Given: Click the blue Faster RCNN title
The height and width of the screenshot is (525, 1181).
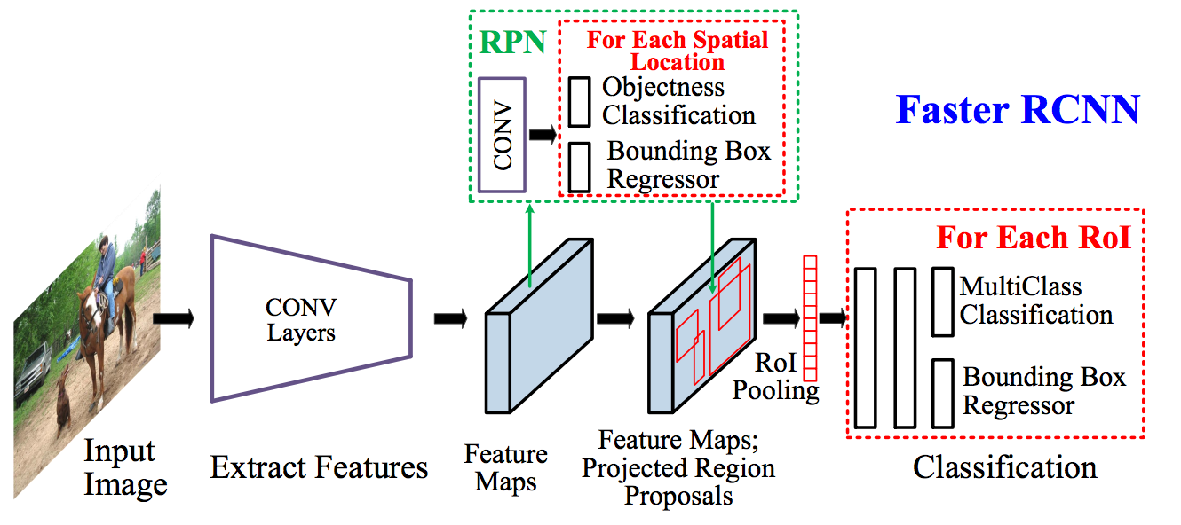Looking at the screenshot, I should tap(1017, 110).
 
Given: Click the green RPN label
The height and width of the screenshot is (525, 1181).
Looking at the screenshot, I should tap(511, 43).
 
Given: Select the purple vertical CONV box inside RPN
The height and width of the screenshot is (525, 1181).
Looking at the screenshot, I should tap(503, 134).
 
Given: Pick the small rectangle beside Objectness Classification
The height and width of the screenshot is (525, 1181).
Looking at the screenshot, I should tap(579, 101).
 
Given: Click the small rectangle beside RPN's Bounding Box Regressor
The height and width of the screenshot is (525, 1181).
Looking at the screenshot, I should tap(579, 166).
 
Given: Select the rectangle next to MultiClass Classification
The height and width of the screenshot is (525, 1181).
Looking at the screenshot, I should tap(942, 302).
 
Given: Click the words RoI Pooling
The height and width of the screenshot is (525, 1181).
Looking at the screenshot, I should tap(775, 376).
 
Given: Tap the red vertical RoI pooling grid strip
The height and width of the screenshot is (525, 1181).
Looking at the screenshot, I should tap(809, 317).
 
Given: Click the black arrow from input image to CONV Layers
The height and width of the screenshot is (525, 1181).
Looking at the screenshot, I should tap(172, 318).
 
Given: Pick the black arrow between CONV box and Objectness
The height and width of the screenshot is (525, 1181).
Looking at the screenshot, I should tap(541, 135).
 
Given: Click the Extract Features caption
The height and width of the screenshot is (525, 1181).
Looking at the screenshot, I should tap(319, 467).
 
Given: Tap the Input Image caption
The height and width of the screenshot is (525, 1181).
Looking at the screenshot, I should tap(125, 467).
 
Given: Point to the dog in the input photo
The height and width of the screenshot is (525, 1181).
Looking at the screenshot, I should tap(64, 399).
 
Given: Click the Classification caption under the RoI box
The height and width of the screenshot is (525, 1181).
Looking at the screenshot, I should tap(1004, 466).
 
